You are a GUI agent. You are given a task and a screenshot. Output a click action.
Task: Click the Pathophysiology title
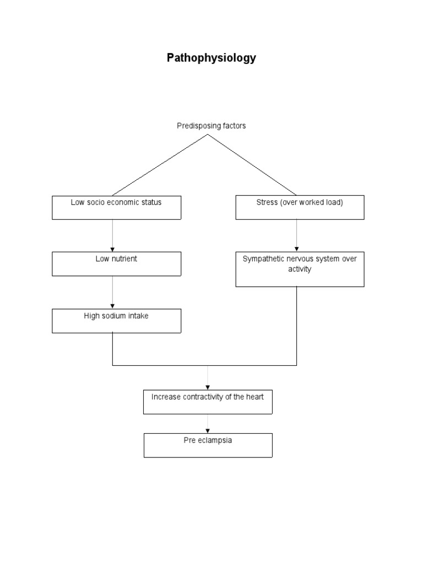[211, 58]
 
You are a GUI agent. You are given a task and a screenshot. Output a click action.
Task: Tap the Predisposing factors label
[211, 126]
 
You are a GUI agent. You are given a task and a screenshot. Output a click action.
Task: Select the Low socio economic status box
[116, 207]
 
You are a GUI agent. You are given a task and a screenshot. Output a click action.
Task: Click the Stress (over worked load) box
[300, 207]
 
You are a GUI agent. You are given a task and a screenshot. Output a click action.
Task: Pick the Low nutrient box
[116, 264]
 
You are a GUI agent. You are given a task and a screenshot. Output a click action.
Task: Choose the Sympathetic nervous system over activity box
[300, 269]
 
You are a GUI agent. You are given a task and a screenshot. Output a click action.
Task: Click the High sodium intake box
[116, 321]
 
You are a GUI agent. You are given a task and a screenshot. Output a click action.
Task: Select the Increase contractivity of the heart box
[208, 402]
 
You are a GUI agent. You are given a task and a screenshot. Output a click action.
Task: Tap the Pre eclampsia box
[208, 445]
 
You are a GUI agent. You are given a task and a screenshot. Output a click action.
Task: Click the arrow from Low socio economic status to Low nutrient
[113, 236]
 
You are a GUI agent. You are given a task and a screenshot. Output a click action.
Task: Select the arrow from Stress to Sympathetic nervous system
[297, 236]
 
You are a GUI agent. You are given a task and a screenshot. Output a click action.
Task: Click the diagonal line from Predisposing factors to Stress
[252, 165]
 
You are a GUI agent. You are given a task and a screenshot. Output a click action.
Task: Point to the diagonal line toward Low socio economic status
[160, 165]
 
